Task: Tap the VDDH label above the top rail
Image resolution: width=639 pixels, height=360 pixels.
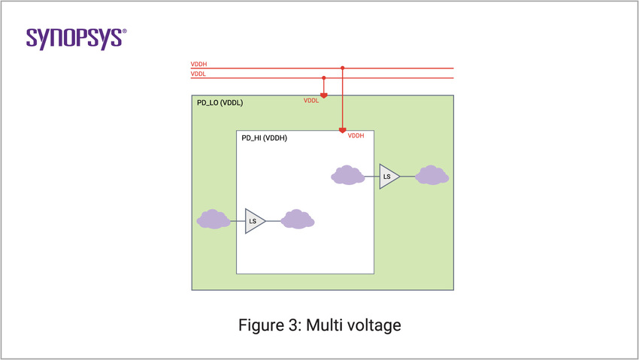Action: coord(198,65)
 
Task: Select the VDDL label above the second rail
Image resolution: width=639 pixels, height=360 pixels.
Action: coord(198,74)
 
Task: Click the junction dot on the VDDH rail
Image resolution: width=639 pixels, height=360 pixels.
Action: coord(343,68)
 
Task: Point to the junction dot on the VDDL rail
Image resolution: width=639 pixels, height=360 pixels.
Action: coord(324,77)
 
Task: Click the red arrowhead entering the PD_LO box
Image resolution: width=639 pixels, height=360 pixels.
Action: coord(324,95)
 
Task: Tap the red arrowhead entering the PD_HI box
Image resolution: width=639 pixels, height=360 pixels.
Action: coord(343,131)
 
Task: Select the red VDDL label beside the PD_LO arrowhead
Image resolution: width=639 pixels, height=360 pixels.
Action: coord(310,101)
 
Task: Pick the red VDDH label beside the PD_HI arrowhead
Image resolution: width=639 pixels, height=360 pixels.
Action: coord(356,135)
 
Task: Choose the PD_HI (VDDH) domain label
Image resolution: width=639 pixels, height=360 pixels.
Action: coord(264,138)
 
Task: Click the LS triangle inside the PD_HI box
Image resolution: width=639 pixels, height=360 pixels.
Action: coord(254,221)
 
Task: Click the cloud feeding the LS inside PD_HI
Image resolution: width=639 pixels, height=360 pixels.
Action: coord(213,219)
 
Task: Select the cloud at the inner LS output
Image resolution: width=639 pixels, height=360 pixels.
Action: coord(297,219)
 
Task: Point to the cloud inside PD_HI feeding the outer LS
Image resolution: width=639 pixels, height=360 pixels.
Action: coord(347,175)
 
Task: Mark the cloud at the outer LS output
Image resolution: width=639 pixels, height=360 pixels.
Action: coord(432,175)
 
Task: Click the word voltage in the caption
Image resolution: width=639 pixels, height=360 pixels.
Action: coord(376,325)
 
